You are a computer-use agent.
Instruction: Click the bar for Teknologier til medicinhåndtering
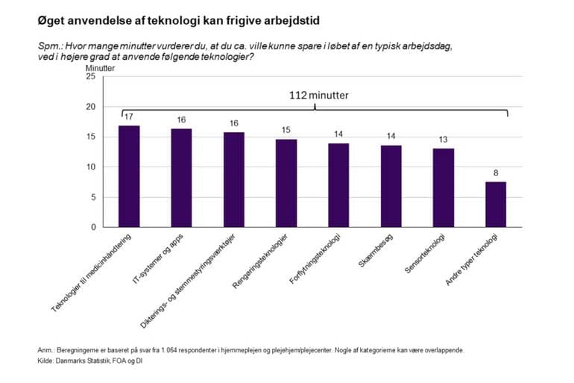(x=129, y=176)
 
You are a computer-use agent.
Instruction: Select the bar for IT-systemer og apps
(x=181, y=178)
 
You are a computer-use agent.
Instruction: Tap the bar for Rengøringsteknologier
(x=286, y=183)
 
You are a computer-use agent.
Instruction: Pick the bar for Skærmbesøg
(x=391, y=186)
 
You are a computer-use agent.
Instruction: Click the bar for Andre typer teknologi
(x=496, y=204)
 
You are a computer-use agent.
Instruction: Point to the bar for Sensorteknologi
(x=444, y=187)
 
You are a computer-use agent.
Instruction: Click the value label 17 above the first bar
(x=129, y=117)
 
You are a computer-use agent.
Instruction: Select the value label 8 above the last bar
(x=496, y=173)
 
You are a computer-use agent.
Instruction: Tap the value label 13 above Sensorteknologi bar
(x=444, y=140)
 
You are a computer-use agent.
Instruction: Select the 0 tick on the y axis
(x=93, y=227)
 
